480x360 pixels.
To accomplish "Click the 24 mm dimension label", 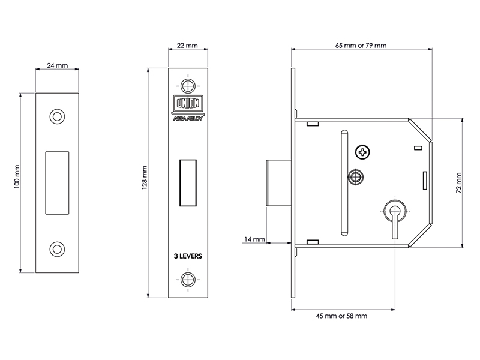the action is click(x=57, y=65).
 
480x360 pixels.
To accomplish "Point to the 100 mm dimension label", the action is click(x=17, y=177).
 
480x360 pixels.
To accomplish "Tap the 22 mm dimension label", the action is click(x=187, y=46).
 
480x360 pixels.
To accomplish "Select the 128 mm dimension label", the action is click(x=145, y=178).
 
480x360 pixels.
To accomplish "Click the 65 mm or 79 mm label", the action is click(x=361, y=46).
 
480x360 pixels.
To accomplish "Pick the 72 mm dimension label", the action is click(x=458, y=183).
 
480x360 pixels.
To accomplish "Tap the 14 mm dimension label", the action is click(x=254, y=239).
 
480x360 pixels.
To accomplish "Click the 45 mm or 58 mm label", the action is click(x=341, y=316).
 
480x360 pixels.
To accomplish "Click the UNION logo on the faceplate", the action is click(x=188, y=103).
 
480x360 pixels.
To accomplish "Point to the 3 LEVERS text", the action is click(x=188, y=256).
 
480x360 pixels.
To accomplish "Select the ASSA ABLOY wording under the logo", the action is click(x=188, y=118).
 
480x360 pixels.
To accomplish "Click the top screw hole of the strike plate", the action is click(x=57, y=116).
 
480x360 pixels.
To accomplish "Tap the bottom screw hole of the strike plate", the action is click(x=57, y=249).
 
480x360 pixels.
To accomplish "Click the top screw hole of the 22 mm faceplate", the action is click(x=188, y=86).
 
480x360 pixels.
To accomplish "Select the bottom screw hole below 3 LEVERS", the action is click(x=188, y=280).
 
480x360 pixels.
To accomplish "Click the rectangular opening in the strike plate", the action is click(x=57, y=183).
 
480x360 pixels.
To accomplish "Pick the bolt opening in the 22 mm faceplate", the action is click(x=188, y=183).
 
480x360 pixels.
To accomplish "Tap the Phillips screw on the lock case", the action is click(x=362, y=152).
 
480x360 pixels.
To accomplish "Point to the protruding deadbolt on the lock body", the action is click(x=279, y=183).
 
